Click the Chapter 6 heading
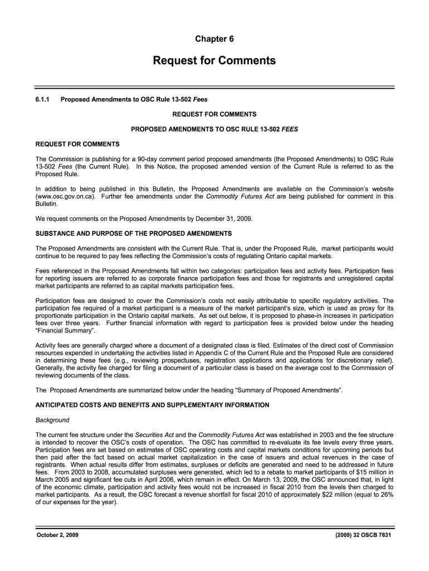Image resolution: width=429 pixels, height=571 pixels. [x=214, y=39]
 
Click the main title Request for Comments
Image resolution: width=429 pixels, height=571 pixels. [x=214, y=61]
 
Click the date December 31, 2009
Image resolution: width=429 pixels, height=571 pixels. [x=226, y=218]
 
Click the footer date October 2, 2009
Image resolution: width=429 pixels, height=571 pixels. [x=58, y=535]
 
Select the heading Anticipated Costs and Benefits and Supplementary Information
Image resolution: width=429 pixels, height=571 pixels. [x=152, y=405]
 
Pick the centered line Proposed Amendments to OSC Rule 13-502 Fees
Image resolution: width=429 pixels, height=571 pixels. [x=214, y=129]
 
